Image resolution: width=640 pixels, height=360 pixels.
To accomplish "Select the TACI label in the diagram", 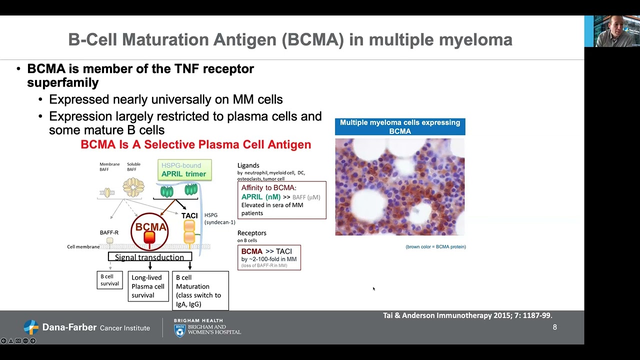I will click(189, 215).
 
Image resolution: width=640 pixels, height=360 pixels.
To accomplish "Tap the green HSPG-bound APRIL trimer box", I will click(184, 170).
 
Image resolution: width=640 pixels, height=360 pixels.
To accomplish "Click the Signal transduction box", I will click(149, 257).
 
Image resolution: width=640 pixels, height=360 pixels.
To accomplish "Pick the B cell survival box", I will click(109, 280).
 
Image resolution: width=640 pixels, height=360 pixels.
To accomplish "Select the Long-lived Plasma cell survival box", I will click(148, 286).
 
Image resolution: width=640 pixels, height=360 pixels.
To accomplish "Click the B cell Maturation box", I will click(200, 290).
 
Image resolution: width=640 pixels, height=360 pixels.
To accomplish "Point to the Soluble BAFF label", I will click(133, 166).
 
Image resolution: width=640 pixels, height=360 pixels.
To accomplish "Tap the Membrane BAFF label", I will click(109, 166).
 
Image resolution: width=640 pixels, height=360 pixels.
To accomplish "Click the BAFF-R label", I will click(109, 232).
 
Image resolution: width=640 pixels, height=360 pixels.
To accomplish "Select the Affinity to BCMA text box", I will click(281, 200).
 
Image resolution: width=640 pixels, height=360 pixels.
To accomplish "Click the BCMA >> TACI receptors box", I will click(269, 257).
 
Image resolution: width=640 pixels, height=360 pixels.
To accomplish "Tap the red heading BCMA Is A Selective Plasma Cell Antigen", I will click(195, 144).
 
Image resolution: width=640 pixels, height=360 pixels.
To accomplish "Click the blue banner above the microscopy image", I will click(400, 126).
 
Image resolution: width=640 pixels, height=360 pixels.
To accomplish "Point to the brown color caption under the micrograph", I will click(435, 246).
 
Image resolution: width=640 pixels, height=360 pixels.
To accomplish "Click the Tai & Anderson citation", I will click(467, 315).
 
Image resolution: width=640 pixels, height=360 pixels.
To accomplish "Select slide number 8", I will click(554, 327).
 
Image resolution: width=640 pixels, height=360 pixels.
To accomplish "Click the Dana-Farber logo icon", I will click(31, 327).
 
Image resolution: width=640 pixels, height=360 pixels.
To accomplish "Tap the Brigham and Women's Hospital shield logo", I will click(179, 330).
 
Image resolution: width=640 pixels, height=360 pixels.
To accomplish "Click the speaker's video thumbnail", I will click(611, 31).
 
